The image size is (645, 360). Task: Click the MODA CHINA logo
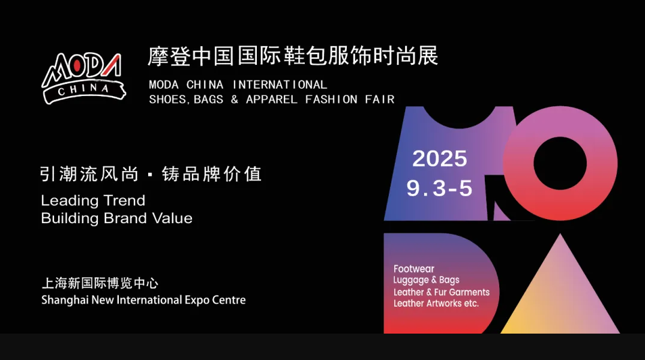(x=83, y=78)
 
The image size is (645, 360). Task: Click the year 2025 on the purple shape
(x=440, y=158)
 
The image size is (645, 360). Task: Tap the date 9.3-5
(x=439, y=188)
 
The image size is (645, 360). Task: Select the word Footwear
(x=413, y=269)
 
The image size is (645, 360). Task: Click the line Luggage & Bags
(x=426, y=280)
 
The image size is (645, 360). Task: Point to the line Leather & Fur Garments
(x=442, y=292)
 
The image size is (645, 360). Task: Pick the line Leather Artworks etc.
(x=436, y=303)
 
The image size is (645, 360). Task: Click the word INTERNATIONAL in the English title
(x=280, y=85)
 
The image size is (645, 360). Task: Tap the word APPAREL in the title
(x=271, y=99)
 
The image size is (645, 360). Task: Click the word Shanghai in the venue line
(x=65, y=300)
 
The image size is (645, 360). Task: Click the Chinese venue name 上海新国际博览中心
(x=100, y=283)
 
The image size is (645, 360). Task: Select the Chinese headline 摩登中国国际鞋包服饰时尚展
(x=293, y=56)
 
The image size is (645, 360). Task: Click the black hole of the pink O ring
(x=560, y=163)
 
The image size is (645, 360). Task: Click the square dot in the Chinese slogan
(x=150, y=175)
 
